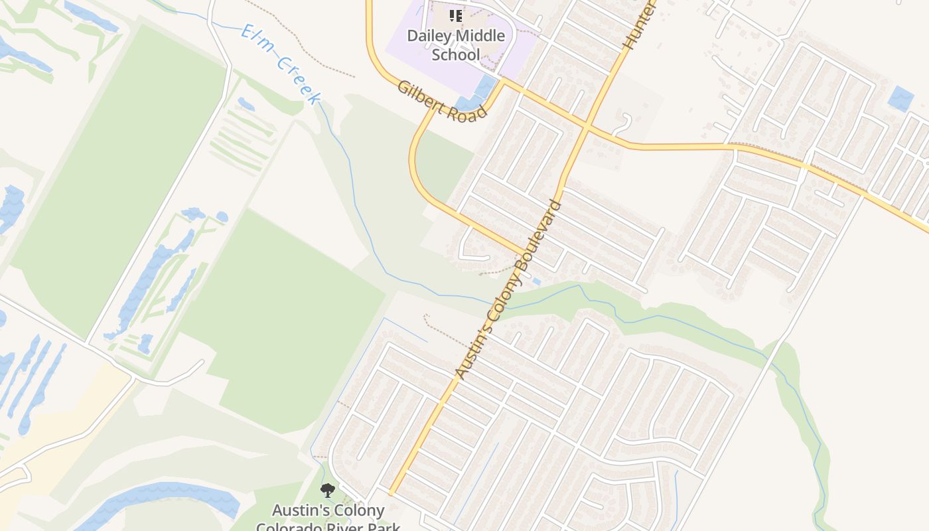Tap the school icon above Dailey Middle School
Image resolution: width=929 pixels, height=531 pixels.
point(455,16)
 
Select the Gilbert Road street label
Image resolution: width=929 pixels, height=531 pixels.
point(442,101)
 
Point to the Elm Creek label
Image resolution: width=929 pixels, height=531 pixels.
point(281,64)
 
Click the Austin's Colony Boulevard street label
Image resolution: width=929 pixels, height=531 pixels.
point(509,289)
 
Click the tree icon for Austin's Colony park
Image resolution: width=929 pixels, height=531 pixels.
point(327,491)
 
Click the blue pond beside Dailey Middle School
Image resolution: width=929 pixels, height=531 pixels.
point(486,87)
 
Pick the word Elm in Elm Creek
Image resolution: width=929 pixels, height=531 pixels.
point(255,39)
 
